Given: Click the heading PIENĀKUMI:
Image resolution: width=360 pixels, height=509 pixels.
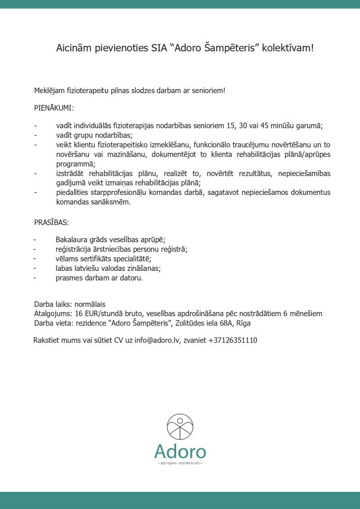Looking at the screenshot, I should (54, 108).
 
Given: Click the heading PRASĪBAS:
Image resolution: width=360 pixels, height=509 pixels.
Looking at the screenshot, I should (52, 223).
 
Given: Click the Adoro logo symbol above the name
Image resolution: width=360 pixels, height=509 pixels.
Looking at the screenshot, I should (180, 427).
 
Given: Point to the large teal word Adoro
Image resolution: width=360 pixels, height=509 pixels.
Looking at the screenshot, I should (180, 451).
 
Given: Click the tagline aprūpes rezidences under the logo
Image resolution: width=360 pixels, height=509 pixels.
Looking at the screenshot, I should (180, 463).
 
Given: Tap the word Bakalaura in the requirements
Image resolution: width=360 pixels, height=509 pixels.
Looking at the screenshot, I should (72, 240).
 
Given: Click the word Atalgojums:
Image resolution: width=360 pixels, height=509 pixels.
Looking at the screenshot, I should (53, 314).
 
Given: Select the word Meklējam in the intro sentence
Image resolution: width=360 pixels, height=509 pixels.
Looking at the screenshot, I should (49, 90).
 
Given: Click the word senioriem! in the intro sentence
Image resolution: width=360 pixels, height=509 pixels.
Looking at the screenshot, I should (209, 90).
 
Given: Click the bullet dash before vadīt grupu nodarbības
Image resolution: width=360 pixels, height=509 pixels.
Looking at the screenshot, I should (35, 135).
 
